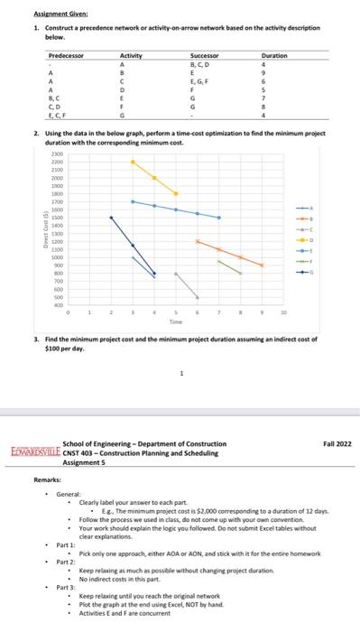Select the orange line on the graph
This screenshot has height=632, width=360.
click(230, 254)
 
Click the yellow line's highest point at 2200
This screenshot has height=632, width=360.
click(132, 162)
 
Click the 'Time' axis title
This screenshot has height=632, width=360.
click(175, 320)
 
